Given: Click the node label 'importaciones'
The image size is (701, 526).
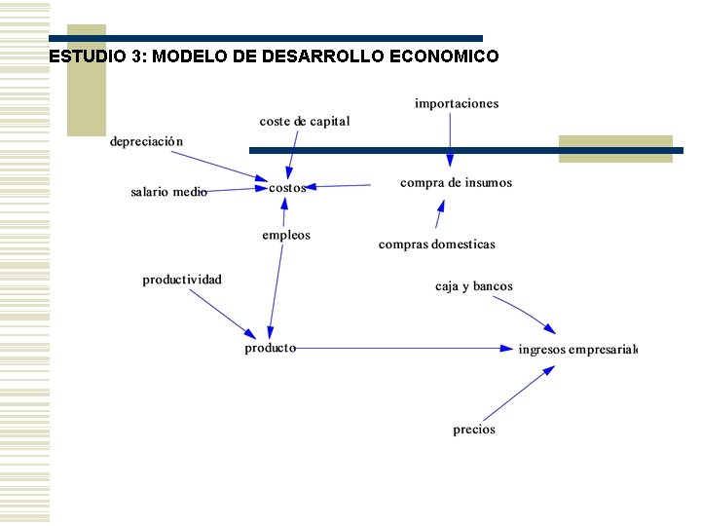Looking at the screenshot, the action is tap(457, 103).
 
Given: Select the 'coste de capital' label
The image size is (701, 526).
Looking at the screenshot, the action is tap(305, 121).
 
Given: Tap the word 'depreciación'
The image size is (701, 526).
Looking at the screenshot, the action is tap(146, 141).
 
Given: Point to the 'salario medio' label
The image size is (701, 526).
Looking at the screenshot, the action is tap(168, 192).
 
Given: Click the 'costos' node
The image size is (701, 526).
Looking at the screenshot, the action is tap(287, 187).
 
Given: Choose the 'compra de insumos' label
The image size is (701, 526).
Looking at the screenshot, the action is tap(456, 182).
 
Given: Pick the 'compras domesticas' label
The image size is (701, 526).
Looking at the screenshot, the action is tap(437, 244).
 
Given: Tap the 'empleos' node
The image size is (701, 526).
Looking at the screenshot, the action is tap(286, 235).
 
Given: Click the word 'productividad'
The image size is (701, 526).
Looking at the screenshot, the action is tap(182, 280).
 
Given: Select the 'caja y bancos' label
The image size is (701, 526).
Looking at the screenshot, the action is tap(474, 286).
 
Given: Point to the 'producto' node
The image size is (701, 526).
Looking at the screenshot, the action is tap(270, 347).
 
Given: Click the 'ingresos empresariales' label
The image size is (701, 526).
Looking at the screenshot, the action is tap(577, 349).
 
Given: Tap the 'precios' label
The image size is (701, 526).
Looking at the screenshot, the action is tap(474, 429).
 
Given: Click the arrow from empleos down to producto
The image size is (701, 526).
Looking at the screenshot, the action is tap(276, 292).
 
